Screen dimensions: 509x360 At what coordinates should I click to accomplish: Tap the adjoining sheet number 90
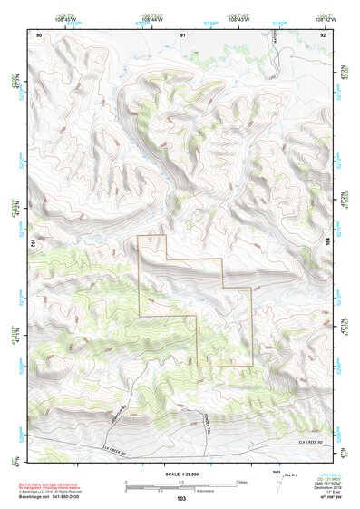tap(39, 34)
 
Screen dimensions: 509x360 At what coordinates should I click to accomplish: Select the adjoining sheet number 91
tap(182, 34)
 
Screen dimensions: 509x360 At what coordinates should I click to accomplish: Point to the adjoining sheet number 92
tap(323, 34)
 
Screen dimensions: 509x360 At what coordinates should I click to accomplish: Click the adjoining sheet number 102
tap(33, 243)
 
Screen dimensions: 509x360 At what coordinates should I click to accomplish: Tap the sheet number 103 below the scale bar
tap(181, 499)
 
